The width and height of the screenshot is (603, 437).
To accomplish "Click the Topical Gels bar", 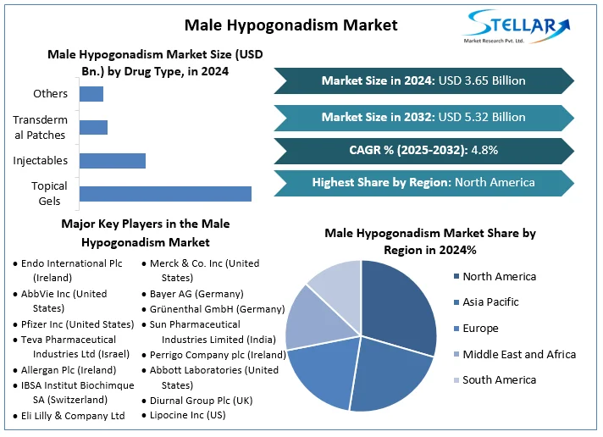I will (x=165, y=194).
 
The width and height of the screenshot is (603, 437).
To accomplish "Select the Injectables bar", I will (x=112, y=160).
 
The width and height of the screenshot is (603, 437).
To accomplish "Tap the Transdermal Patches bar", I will (x=93, y=127).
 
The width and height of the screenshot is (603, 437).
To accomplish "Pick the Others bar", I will (x=91, y=93).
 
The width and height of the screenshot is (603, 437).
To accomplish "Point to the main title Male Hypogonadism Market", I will (x=290, y=25).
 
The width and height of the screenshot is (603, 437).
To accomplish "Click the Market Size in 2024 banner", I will (x=423, y=80).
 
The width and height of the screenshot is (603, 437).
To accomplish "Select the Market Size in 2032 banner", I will (x=423, y=117).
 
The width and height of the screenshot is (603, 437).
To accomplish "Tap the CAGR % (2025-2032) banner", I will (x=423, y=150).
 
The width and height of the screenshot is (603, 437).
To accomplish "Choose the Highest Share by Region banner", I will (x=423, y=182).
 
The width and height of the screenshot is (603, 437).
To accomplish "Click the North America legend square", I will (x=456, y=276).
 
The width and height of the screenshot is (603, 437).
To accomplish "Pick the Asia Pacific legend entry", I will (x=490, y=302).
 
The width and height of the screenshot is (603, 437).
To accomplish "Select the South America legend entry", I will (x=499, y=380).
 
